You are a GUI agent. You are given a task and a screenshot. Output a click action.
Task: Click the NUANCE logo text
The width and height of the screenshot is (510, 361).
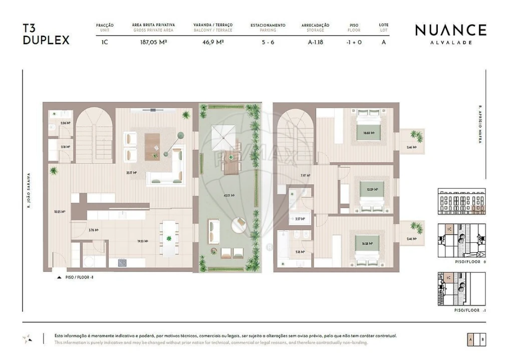point(450,30)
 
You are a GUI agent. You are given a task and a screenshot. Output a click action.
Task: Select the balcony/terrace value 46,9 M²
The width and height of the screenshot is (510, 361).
point(213,42)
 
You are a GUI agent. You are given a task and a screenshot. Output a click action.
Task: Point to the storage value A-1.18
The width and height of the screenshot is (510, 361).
point(315,42)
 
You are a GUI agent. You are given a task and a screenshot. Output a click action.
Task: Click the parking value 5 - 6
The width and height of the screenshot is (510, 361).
point(268,42)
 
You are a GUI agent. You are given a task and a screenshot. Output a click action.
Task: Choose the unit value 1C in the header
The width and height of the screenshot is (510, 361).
point(105,42)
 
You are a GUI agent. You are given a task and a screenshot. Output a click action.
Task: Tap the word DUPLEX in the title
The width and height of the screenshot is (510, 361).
point(46,41)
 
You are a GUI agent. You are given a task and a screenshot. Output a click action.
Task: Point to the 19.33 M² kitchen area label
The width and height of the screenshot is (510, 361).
point(142,241)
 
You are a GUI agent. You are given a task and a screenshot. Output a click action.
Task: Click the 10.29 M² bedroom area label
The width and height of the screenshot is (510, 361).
point(372,190)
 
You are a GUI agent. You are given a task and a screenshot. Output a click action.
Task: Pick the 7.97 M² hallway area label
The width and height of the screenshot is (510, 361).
point(305,176)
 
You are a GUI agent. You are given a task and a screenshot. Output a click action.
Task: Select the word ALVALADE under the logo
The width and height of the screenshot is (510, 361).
point(450,43)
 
